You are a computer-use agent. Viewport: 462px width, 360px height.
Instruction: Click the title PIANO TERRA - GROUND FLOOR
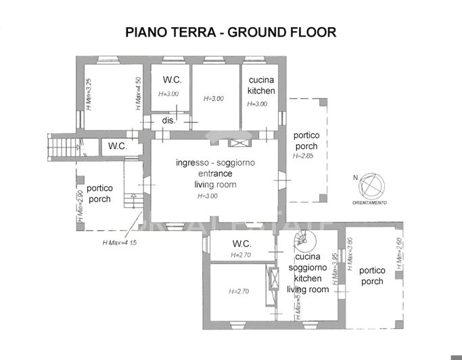(x=231, y=32)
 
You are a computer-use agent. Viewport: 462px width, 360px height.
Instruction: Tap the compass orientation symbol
(x=370, y=185)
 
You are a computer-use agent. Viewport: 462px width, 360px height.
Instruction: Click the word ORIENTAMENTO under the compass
(x=369, y=202)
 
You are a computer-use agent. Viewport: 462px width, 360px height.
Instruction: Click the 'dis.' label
(x=168, y=120)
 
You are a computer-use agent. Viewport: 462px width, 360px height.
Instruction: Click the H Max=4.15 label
(x=119, y=242)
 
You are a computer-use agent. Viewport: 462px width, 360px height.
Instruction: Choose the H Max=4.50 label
(x=138, y=94)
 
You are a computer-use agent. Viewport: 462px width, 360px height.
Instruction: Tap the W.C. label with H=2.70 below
(x=241, y=244)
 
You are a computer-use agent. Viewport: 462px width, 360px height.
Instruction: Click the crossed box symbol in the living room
(x=239, y=143)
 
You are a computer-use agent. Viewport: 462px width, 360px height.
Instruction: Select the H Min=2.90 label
(x=80, y=206)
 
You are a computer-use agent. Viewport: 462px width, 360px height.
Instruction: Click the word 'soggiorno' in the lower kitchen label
(x=308, y=267)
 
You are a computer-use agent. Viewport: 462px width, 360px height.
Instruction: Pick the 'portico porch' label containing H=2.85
(x=306, y=140)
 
